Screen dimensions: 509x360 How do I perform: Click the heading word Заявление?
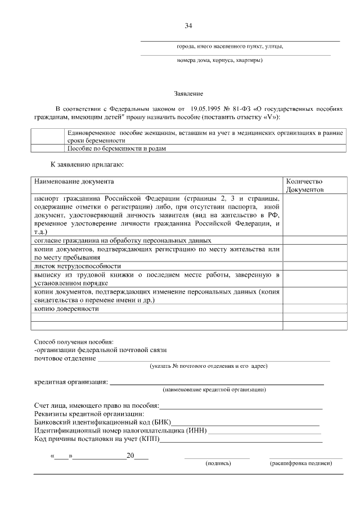[188, 93]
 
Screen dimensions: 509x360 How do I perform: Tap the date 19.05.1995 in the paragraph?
[206, 107]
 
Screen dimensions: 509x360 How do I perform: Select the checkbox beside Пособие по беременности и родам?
[48, 148]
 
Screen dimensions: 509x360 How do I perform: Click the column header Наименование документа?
[74, 182]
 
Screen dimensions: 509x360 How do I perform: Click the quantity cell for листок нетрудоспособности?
[314, 266]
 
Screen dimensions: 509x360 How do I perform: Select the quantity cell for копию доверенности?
[314, 309]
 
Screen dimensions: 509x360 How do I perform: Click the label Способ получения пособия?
[74, 341]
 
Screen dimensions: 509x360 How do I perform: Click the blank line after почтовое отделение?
[214, 359]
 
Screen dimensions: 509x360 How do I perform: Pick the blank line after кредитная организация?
[217, 384]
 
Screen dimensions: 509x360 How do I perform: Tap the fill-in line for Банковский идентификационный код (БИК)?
[246, 422]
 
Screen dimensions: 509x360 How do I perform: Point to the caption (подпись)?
[218, 463]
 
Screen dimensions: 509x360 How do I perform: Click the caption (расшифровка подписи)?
[301, 463]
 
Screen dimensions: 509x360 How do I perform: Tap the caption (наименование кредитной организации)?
[214, 389]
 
